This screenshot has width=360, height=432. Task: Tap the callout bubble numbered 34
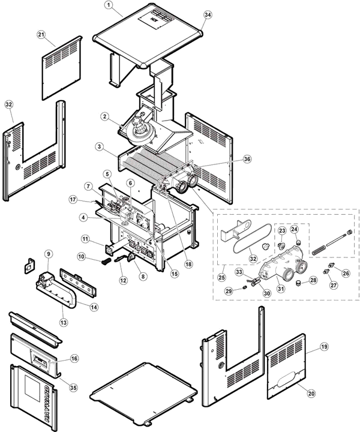tap(208, 14)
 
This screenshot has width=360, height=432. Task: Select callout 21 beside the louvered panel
tap(41, 34)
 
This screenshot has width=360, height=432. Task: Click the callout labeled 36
tap(247, 158)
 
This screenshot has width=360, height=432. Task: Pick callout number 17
tap(73, 199)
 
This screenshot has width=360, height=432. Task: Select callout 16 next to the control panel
tap(74, 358)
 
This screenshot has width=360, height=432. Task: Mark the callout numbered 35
tap(73, 388)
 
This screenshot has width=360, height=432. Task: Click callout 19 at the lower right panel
tap(324, 347)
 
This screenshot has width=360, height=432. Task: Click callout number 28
tap(313, 280)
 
